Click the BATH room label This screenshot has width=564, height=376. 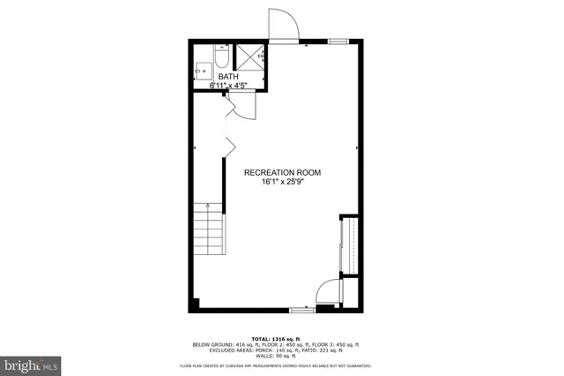point(228,77)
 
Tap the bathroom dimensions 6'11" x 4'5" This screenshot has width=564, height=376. point(228,86)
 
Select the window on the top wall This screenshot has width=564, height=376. point(337,41)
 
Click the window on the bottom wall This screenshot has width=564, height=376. point(302,309)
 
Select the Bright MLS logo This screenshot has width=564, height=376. point(30,363)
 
